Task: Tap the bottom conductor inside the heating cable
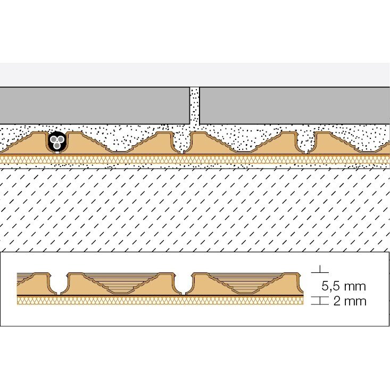[57, 145]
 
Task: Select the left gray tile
[95, 105]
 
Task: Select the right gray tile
[295, 105]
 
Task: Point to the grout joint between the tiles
[195, 106]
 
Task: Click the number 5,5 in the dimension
[330, 286]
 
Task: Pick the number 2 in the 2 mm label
[337, 301]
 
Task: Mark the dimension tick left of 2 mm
[320, 301]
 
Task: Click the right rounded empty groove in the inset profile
[184, 284]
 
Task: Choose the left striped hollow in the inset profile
[121, 283]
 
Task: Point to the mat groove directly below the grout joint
[182, 143]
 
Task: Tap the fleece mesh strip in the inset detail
[160, 301]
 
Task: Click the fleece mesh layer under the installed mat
[195, 160]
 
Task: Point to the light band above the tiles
[195, 74]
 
